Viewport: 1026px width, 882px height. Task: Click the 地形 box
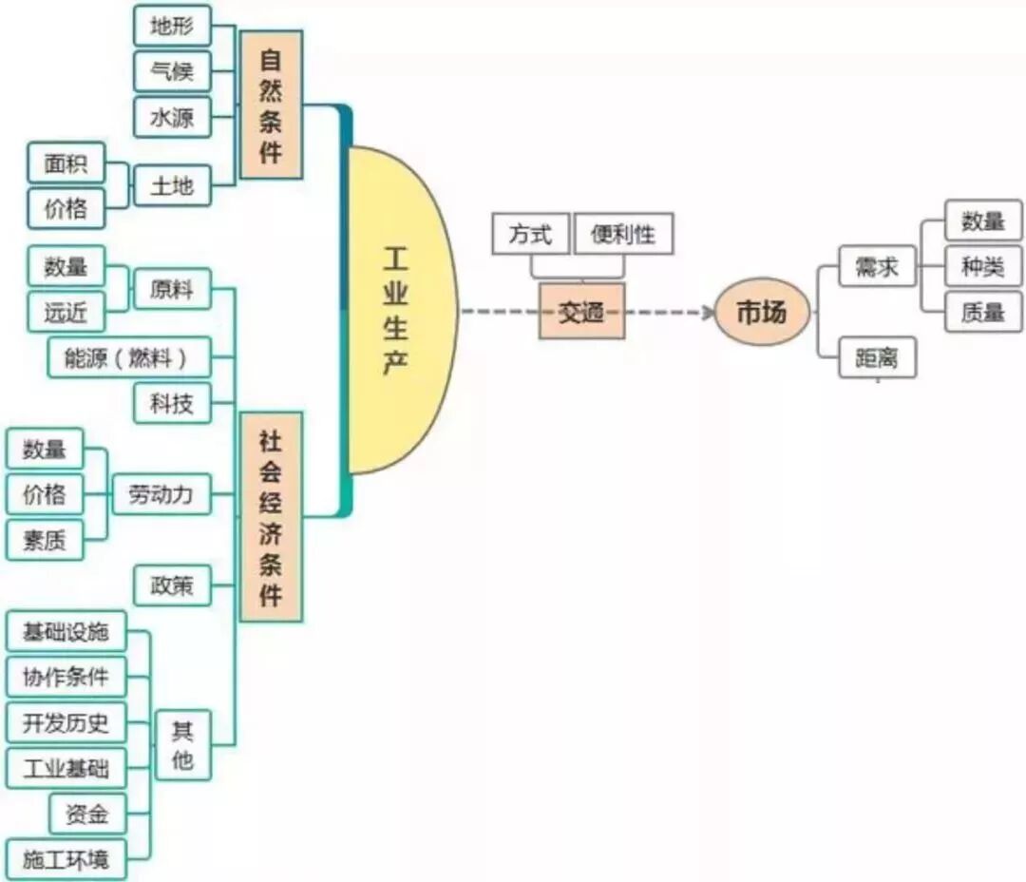pyautogui.click(x=172, y=26)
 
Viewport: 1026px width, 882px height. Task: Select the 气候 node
pyautogui.click(x=172, y=71)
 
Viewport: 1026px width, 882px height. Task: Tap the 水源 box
pyautogui.click(x=172, y=117)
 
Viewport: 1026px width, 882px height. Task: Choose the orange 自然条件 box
pyautogui.click(x=271, y=105)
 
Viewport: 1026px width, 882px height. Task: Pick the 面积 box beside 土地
pyautogui.click(x=66, y=163)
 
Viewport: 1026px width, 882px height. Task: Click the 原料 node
pyautogui.click(x=172, y=289)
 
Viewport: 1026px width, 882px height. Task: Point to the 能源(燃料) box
pyautogui.click(x=129, y=357)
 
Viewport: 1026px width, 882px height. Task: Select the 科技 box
pyautogui.click(x=172, y=403)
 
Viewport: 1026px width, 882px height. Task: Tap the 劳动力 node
pyautogui.click(x=161, y=494)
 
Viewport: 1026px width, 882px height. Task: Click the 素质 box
pyautogui.click(x=45, y=540)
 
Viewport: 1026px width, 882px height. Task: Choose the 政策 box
pyautogui.click(x=172, y=585)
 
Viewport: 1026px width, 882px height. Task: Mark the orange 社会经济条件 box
pyautogui.click(x=271, y=516)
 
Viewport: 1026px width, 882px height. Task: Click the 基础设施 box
pyautogui.click(x=66, y=631)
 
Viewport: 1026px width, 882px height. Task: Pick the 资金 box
pyautogui.click(x=87, y=814)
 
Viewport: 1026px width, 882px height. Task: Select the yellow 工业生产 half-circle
pyautogui.click(x=399, y=310)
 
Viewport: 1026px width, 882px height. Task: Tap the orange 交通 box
pyautogui.click(x=581, y=311)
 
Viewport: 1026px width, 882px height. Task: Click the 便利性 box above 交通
pyautogui.click(x=623, y=234)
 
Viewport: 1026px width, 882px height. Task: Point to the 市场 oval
pyautogui.click(x=762, y=311)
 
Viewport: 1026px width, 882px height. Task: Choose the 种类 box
pyautogui.click(x=983, y=267)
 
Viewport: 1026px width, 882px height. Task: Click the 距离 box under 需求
pyautogui.click(x=877, y=357)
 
